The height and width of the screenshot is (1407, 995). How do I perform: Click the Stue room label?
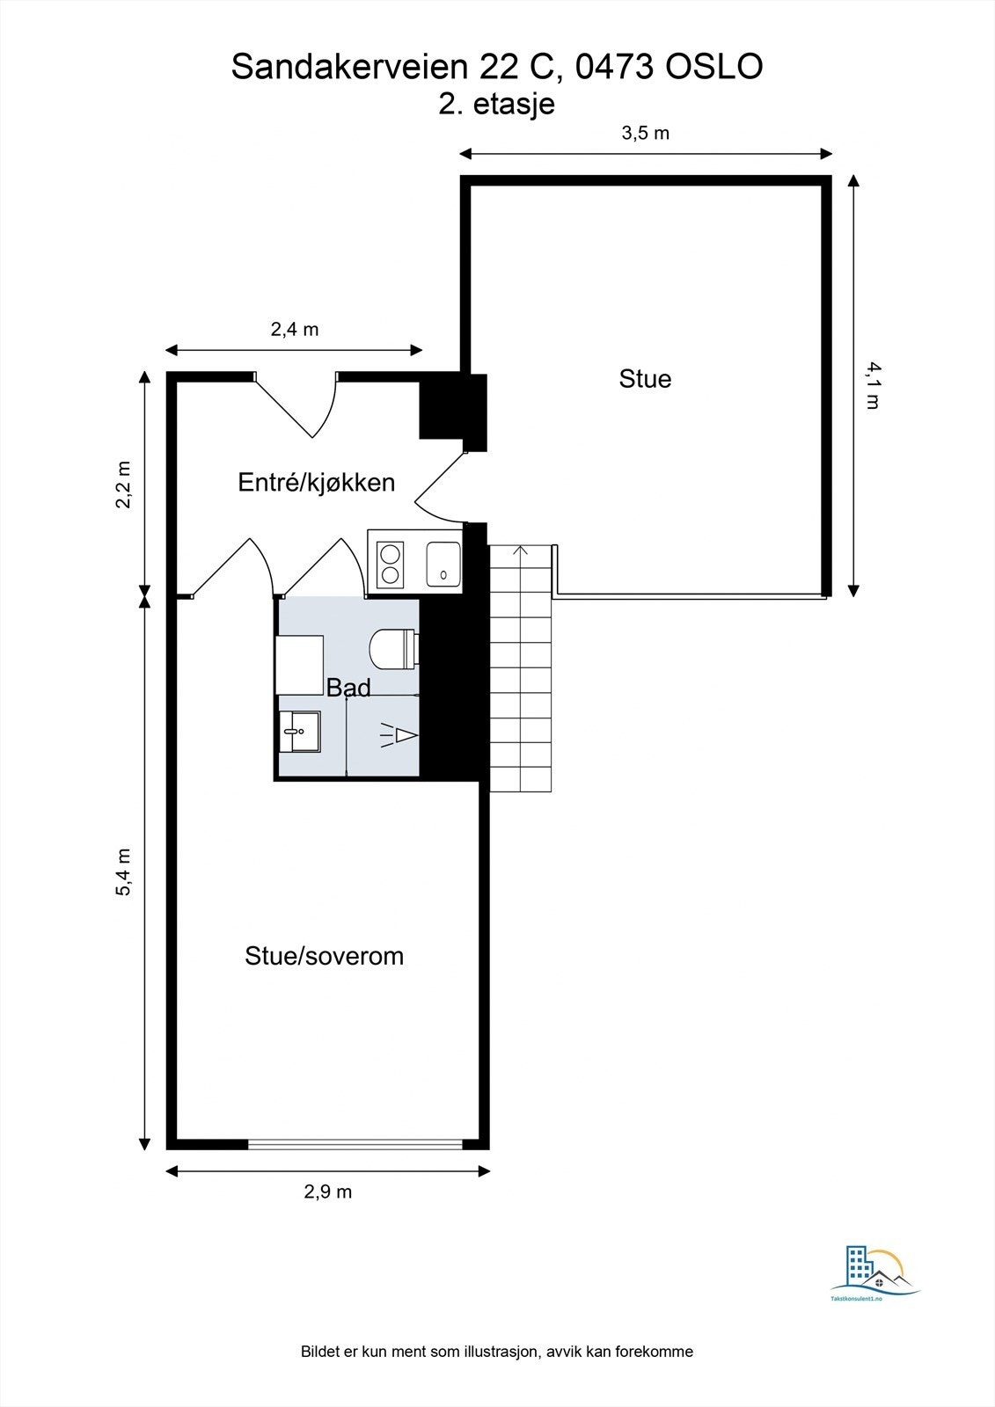point(645,379)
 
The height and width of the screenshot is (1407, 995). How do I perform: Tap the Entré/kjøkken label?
point(317,482)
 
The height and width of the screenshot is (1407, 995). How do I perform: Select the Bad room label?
point(348,688)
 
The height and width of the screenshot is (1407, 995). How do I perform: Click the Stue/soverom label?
point(324,956)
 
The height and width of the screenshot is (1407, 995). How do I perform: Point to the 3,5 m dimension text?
point(646,134)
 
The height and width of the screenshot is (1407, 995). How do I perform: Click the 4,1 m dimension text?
point(872,385)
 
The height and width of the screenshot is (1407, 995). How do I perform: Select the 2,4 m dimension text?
point(294,330)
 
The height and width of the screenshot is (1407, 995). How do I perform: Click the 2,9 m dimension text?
point(327,1192)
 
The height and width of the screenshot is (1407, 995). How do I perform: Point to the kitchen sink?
point(443,564)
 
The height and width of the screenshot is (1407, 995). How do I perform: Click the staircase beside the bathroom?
point(520,668)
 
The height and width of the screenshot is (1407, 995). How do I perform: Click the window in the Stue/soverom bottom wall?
point(355,1144)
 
